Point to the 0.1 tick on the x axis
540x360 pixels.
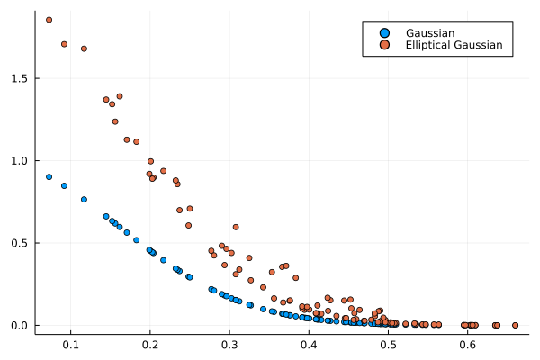point(71,344)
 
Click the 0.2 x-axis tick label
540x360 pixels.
point(150,344)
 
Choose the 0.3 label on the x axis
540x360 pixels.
point(229,344)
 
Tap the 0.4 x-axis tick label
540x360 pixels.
point(309,344)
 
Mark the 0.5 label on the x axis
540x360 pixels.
point(388,344)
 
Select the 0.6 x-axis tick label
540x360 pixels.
point(467,344)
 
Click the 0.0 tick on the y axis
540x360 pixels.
point(22,325)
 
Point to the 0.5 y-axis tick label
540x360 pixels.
point(22,243)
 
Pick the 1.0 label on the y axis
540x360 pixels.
point(22,161)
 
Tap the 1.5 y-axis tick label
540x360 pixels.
point(22,78)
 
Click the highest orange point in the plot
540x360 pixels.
point(49,20)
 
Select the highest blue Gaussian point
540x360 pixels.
point(49,177)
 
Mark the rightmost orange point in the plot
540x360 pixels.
point(515,325)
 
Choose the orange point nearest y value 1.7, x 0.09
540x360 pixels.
point(64,44)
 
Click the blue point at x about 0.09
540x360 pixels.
point(64,186)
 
